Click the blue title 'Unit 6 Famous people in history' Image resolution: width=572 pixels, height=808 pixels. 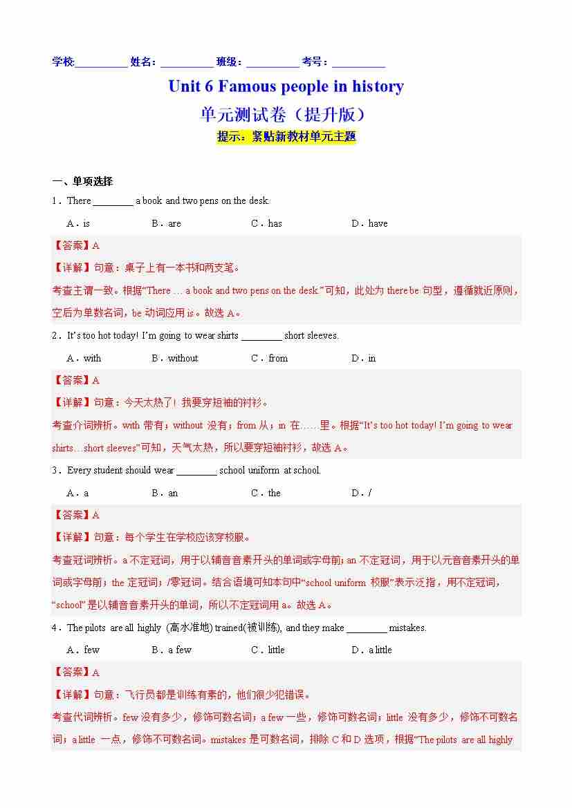pos(286,86)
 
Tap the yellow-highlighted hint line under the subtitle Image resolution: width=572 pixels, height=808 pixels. pos(286,136)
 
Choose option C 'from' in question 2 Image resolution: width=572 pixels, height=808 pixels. pos(270,358)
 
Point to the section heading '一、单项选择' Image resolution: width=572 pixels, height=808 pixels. pos(82,182)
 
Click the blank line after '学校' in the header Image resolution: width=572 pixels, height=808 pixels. pos(101,64)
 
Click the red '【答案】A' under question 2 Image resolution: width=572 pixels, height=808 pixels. pos(76,380)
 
